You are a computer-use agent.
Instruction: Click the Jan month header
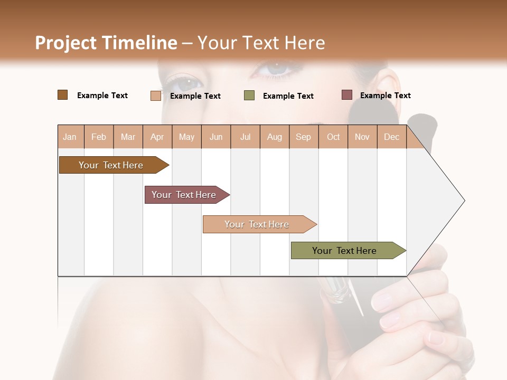click(70, 137)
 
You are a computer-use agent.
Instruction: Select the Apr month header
click(157, 137)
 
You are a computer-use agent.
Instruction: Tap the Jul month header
click(245, 137)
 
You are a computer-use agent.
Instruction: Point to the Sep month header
click(303, 137)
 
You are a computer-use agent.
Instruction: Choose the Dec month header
click(391, 137)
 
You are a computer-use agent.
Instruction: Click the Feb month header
click(99, 137)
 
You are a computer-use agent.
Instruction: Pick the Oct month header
click(333, 137)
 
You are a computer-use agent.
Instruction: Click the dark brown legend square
click(62, 95)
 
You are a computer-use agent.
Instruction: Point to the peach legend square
click(156, 96)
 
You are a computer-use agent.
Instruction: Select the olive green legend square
click(249, 96)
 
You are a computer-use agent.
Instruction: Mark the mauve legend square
click(347, 95)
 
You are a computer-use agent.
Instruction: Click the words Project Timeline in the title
click(106, 43)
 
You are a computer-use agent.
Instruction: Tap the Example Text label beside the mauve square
click(386, 96)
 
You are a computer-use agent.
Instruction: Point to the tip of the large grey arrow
click(464, 201)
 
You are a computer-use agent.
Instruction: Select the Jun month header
click(216, 137)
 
